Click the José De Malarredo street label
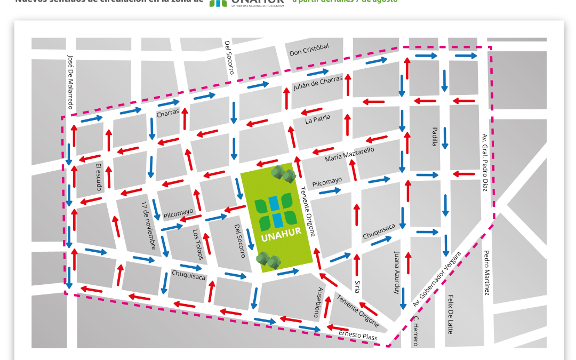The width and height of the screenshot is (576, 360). (70, 81)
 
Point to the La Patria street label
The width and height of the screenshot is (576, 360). (318, 118)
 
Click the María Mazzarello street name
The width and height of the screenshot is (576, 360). (350, 155)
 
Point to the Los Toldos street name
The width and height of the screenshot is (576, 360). (198, 245)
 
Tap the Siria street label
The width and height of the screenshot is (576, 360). (357, 286)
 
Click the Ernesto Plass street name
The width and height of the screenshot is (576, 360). (358, 335)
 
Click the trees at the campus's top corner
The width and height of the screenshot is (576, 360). (283, 174)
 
